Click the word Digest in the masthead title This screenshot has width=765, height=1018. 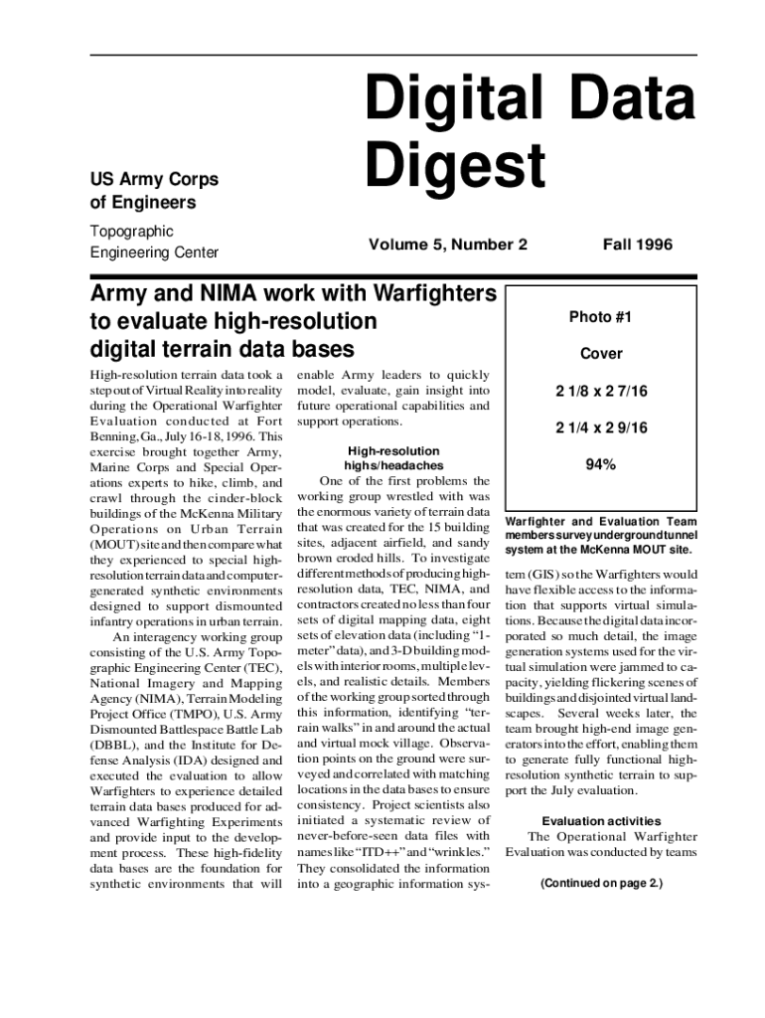tap(455, 164)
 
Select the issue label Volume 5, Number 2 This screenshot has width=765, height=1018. tap(447, 245)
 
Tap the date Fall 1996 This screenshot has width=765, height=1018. tap(637, 245)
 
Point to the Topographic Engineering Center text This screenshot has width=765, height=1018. tap(153, 242)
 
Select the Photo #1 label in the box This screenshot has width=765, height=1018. tap(600, 317)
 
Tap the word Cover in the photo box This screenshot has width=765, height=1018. tap(600, 354)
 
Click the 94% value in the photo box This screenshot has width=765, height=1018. tap(600, 463)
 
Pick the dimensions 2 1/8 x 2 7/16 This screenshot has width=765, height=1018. tap(600, 391)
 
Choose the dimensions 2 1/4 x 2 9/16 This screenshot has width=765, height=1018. tap(600, 427)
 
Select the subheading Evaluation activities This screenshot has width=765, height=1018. tap(601, 820)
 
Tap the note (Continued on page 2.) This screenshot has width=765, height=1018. tap(601, 883)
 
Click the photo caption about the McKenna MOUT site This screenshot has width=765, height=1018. tap(601, 535)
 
